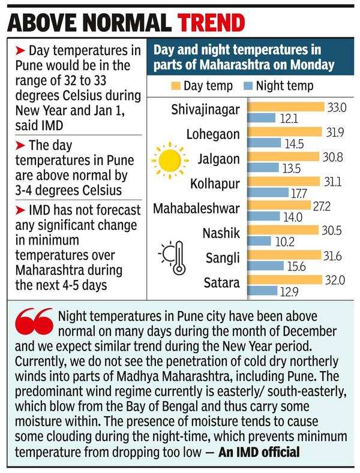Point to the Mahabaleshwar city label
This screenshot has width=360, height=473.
tap(196, 209)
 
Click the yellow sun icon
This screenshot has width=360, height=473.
tap(166, 160)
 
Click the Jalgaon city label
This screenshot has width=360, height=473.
tap(220, 159)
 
